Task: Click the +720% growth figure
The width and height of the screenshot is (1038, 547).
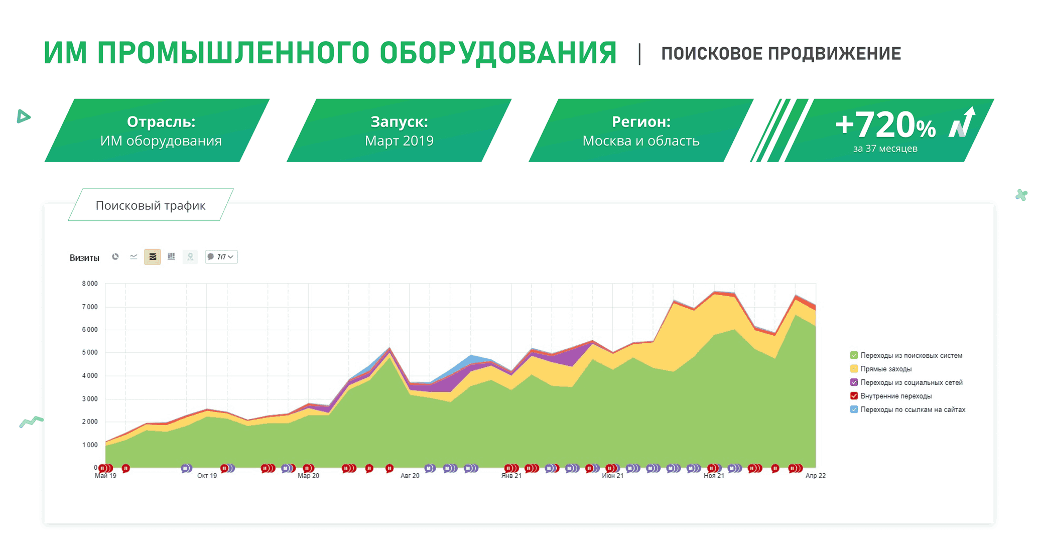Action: pos(885,125)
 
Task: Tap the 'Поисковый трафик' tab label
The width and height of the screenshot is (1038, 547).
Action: pos(151,206)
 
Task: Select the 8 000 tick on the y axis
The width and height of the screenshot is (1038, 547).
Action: pos(90,284)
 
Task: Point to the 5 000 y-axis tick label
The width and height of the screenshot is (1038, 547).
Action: pos(90,353)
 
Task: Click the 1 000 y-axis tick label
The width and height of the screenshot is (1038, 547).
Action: pos(90,445)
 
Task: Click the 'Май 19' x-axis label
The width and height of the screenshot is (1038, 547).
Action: pos(105,476)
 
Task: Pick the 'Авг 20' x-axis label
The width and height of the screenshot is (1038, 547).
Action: pos(410,476)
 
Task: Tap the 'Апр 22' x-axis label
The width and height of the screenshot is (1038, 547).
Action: pos(816,476)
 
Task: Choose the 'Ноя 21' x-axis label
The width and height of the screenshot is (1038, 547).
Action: pos(714,476)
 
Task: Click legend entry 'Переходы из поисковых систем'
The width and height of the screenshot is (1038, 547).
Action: pos(911,355)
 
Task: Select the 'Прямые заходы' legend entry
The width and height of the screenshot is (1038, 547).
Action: pos(886,369)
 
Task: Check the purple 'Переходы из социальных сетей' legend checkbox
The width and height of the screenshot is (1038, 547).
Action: pos(854,382)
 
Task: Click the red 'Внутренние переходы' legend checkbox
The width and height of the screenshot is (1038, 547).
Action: pos(854,396)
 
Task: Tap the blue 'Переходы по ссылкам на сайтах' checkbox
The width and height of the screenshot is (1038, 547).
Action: pos(854,409)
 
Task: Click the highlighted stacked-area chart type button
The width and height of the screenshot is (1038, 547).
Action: pos(153,257)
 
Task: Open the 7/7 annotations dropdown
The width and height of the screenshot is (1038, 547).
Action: pos(221,257)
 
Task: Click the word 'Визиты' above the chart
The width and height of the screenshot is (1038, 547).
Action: pos(84,258)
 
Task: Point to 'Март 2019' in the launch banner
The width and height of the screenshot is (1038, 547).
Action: pos(399,141)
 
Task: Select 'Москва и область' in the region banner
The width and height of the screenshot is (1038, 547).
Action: pos(641,141)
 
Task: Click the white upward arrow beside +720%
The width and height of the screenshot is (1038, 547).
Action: pos(962,122)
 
